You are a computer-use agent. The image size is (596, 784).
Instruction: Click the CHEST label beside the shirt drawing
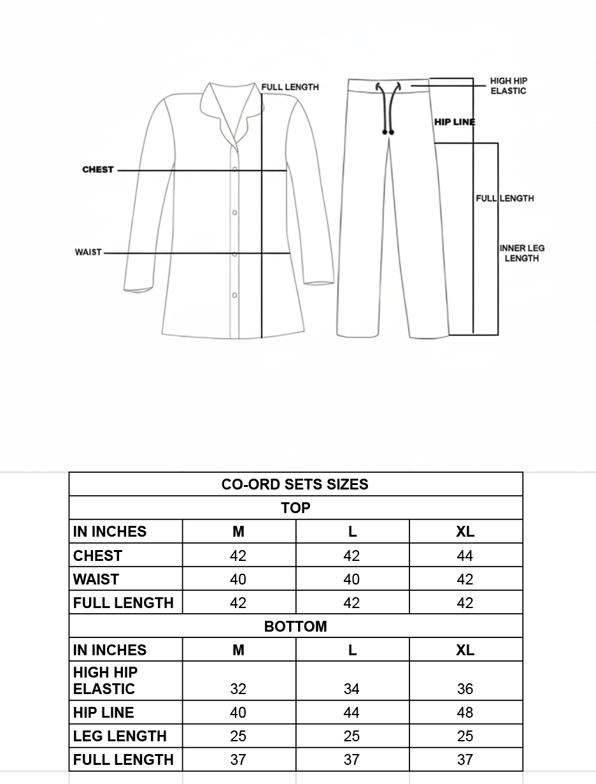(x=97, y=170)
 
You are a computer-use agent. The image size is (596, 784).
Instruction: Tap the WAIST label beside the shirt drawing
(x=88, y=252)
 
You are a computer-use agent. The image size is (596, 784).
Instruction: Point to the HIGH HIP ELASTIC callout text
(x=508, y=86)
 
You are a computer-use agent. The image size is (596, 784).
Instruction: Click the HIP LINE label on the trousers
(x=455, y=122)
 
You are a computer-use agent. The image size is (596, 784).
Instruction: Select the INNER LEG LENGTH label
(x=521, y=253)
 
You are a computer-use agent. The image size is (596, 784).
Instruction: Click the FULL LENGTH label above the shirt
(x=290, y=87)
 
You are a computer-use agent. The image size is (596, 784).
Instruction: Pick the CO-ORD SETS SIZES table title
(x=295, y=484)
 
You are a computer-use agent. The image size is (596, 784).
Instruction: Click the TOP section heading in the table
(x=295, y=508)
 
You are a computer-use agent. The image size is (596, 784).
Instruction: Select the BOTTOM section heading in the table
(x=295, y=627)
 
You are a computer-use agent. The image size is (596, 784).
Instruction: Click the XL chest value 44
(x=465, y=556)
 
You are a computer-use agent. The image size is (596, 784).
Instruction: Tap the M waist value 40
(x=238, y=579)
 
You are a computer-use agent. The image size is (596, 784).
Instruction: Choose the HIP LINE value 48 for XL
(x=465, y=713)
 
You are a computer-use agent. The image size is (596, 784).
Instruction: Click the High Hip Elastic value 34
(x=351, y=689)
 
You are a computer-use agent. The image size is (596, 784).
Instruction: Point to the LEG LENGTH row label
(x=120, y=736)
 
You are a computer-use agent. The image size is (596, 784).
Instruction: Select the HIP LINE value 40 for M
(x=238, y=713)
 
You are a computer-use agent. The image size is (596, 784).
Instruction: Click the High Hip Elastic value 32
(x=238, y=689)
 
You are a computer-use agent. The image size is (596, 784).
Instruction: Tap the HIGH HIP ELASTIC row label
(x=105, y=681)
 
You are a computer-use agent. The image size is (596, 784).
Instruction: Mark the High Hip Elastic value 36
(x=465, y=689)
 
